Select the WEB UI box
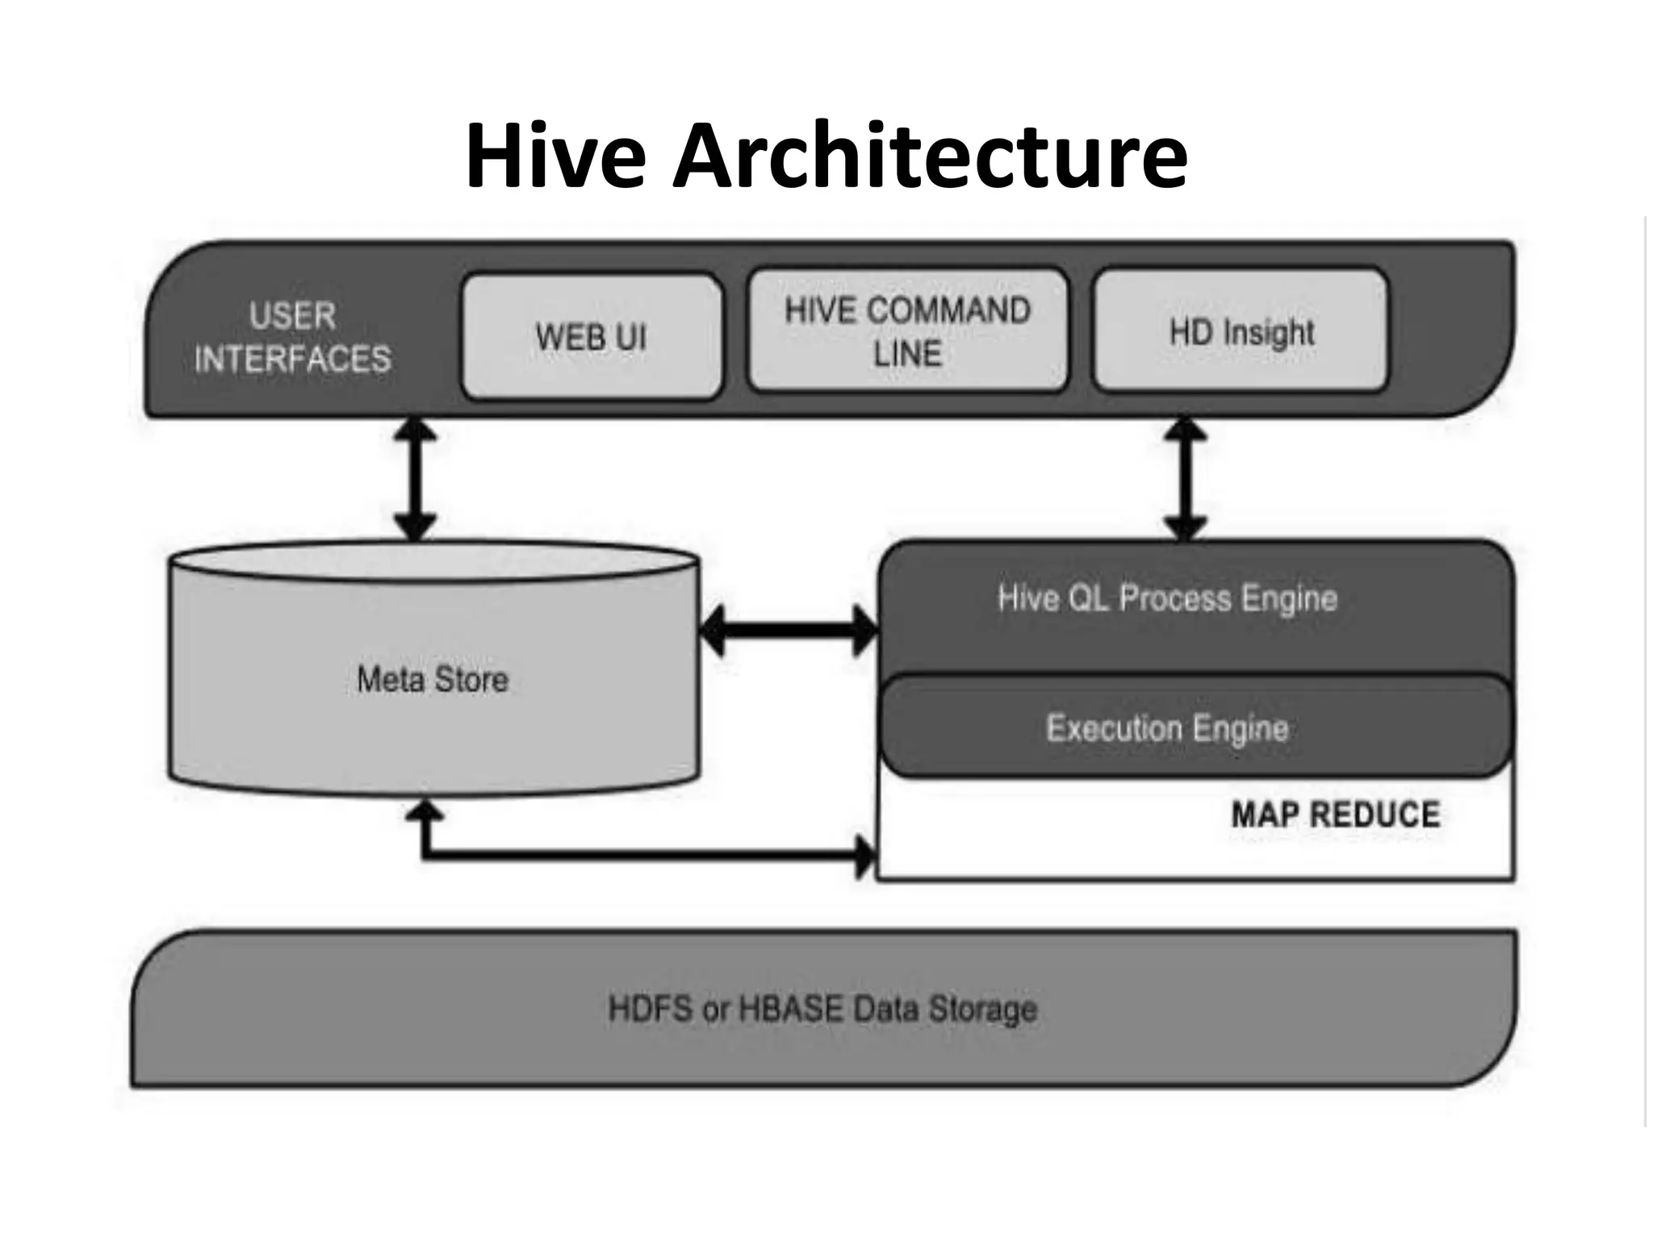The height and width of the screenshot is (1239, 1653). tap(592, 337)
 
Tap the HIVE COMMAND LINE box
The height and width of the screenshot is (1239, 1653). tap(908, 332)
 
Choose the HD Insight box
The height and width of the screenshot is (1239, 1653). tap(1241, 332)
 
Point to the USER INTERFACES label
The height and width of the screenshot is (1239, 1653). tap(292, 337)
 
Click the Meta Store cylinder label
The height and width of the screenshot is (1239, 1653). tap(433, 679)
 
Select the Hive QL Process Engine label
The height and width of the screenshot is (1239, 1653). tap(1167, 599)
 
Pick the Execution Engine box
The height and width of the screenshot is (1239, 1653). tap(1167, 728)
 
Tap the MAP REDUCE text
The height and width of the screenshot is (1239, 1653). tap(1336, 814)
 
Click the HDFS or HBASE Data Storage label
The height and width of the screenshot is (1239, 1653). tap(822, 1009)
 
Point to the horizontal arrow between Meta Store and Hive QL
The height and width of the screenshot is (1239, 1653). tap(789, 629)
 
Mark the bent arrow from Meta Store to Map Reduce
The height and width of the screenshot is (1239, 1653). tap(630, 853)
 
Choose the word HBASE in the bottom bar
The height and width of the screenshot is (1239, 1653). tap(791, 1009)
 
